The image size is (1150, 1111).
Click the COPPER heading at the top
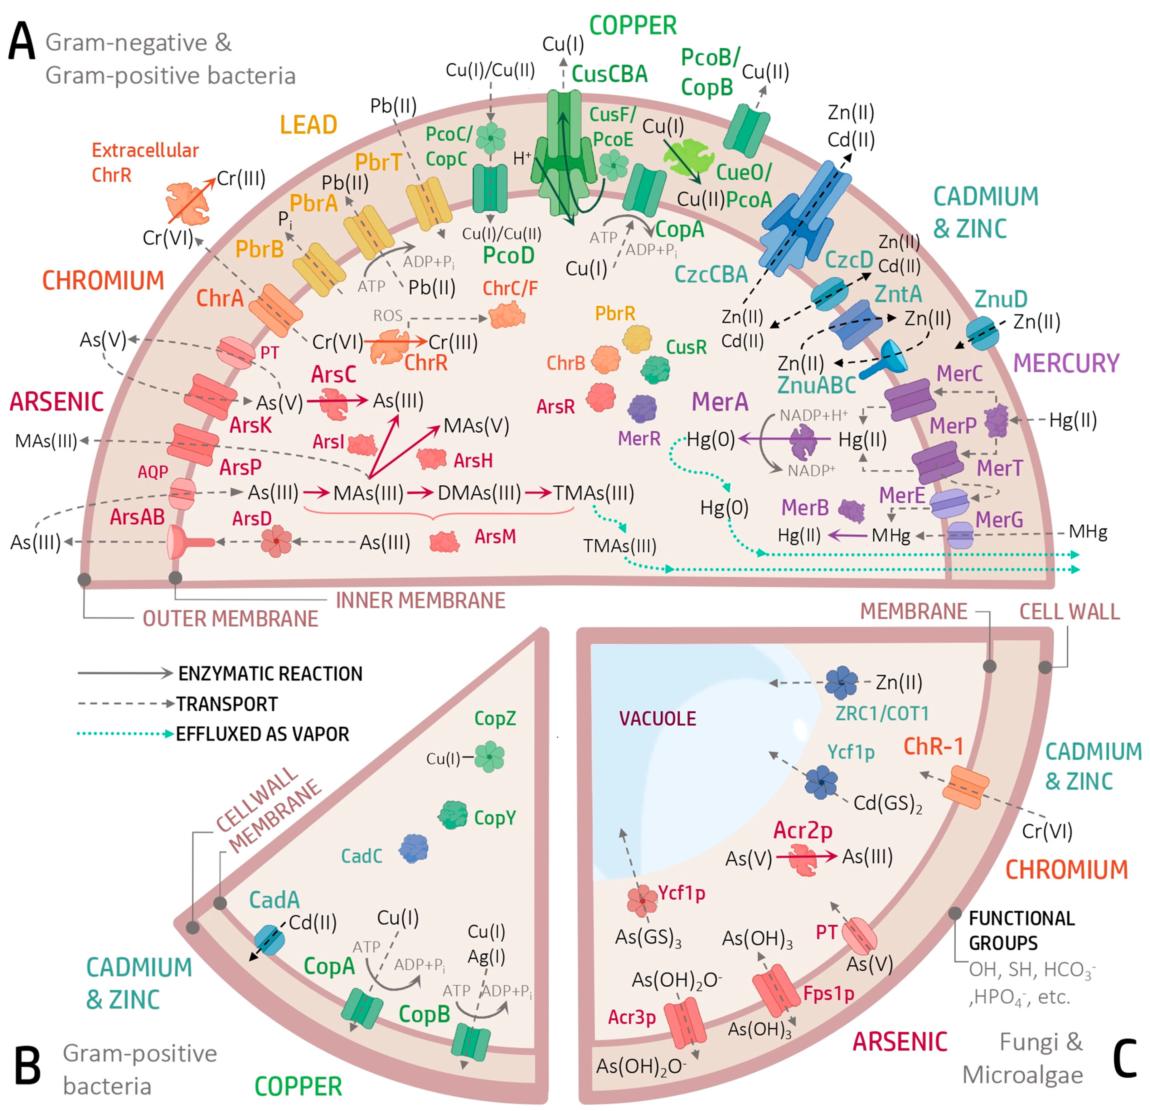[633, 26]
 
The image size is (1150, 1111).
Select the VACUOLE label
[657, 719]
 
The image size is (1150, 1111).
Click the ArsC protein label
[333, 374]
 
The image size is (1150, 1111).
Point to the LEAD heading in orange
[308, 125]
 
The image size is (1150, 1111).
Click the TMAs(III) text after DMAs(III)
[594, 493]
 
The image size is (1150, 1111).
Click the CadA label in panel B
[274, 900]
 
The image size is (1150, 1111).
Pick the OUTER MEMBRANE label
[230, 619]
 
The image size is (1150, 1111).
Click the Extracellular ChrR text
[145, 163]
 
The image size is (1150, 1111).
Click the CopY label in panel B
[495, 818]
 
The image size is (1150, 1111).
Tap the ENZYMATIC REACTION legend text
[270, 673]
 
